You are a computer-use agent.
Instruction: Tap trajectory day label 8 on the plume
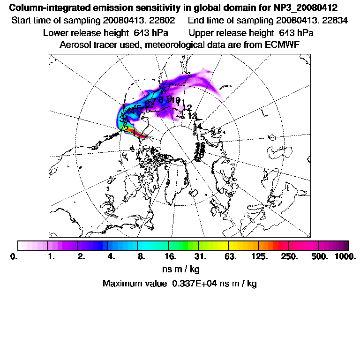click(x=161, y=99)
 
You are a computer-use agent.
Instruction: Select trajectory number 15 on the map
click(x=200, y=137)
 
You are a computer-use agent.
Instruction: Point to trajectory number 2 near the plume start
click(x=125, y=127)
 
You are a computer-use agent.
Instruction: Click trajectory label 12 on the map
click(x=187, y=108)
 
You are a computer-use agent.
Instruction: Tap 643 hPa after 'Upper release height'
click(x=296, y=33)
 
